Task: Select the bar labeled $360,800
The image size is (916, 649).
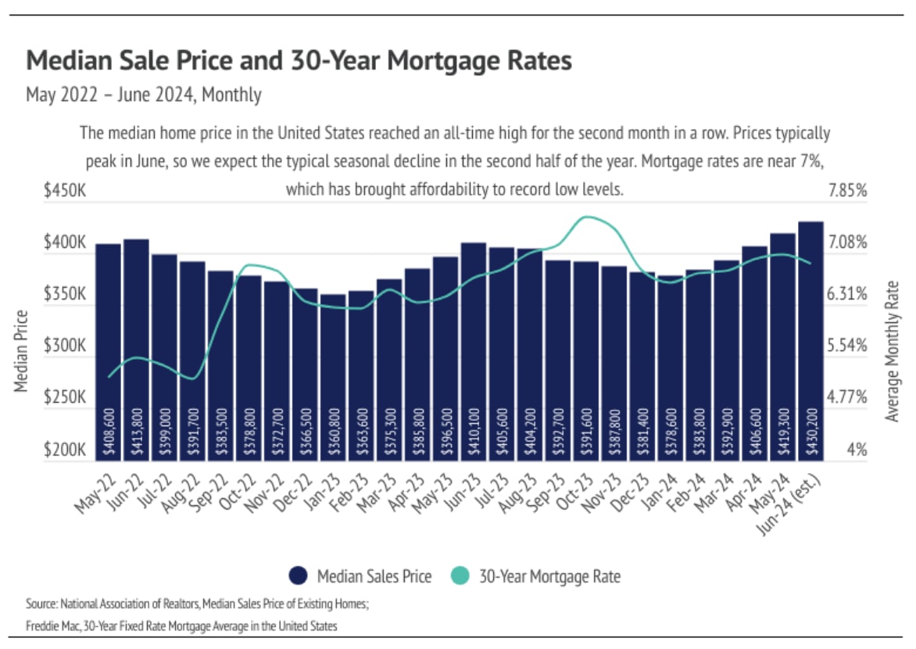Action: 332,375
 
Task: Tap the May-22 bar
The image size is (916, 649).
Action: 109,352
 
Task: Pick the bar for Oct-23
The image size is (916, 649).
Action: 586,360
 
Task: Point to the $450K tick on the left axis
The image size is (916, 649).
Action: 66,190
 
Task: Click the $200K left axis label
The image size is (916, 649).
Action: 66,450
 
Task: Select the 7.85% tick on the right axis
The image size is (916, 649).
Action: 849,190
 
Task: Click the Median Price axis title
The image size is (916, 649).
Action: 21,351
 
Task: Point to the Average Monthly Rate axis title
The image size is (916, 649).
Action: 893,351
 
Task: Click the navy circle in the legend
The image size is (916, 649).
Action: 298,576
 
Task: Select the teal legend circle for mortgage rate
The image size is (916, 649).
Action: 460,576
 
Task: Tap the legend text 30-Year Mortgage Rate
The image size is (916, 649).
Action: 549,577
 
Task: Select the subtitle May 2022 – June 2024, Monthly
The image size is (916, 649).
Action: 143,95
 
